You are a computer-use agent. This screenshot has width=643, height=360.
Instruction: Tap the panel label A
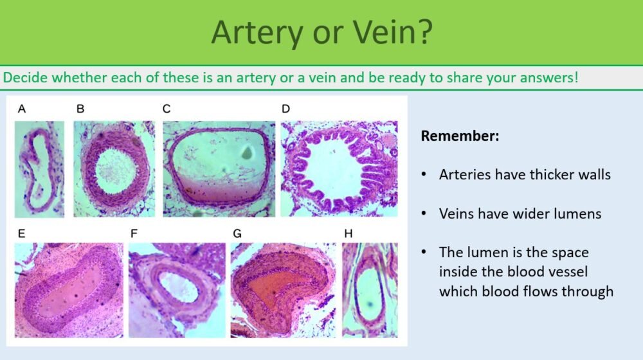(x=22, y=109)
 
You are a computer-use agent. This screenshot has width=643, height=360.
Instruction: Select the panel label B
(x=80, y=109)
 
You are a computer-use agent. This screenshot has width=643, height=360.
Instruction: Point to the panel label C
(x=167, y=109)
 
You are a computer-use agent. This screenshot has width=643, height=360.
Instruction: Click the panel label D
(x=285, y=109)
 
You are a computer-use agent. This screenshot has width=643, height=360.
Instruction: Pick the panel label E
(x=21, y=234)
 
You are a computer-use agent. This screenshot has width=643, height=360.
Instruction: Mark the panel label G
(x=237, y=234)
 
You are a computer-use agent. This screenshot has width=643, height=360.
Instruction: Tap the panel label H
(x=349, y=234)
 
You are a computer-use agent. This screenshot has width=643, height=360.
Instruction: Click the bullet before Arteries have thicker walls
(x=425, y=175)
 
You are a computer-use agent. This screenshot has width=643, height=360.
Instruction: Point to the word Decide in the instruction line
(x=24, y=78)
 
